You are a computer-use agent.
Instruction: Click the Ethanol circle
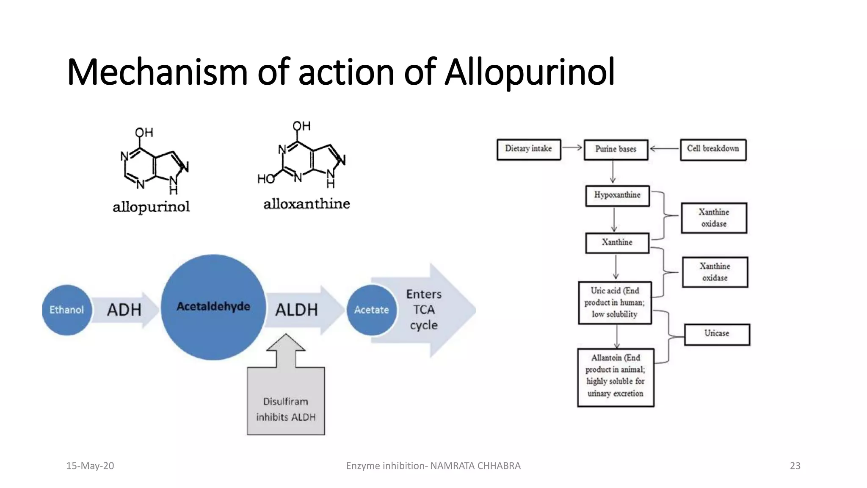coord(67,310)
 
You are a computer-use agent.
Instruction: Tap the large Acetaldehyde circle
coord(213,307)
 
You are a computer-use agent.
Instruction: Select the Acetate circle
coord(371,310)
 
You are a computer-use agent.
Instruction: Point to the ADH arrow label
coord(124,310)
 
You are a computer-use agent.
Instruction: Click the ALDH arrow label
coord(296,310)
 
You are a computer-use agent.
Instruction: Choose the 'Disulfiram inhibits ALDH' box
coord(286,401)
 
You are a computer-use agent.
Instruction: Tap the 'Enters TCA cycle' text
coord(423,310)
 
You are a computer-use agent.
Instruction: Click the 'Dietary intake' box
coord(528,149)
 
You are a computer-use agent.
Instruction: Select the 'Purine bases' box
coord(616,150)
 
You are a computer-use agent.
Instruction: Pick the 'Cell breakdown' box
coord(713,149)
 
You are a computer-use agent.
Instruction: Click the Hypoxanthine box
coord(617,196)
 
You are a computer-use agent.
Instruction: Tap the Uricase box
coord(717,334)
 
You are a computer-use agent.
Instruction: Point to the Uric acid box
coord(615,302)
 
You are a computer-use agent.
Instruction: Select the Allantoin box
coord(616,377)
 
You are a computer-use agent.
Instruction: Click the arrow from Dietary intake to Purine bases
coord(572,147)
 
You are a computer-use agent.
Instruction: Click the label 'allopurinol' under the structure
coord(151,207)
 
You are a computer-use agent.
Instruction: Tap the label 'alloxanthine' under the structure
coord(306,204)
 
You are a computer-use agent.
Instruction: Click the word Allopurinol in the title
coord(529,72)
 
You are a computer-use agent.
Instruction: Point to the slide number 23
coord(795,466)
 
